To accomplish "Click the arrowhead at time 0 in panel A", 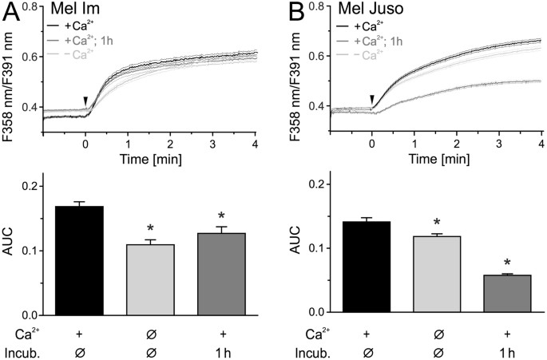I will tap(85, 100).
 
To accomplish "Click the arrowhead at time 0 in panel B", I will tap(372, 99).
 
